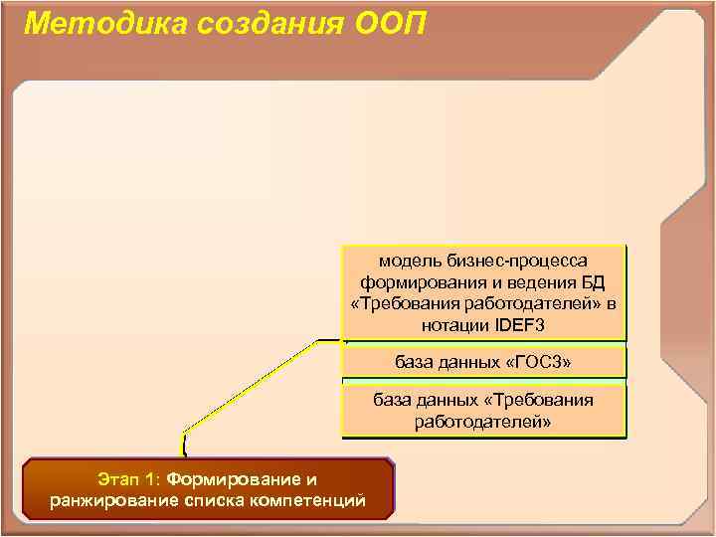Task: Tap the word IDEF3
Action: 522,325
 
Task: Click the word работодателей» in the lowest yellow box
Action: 483,422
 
